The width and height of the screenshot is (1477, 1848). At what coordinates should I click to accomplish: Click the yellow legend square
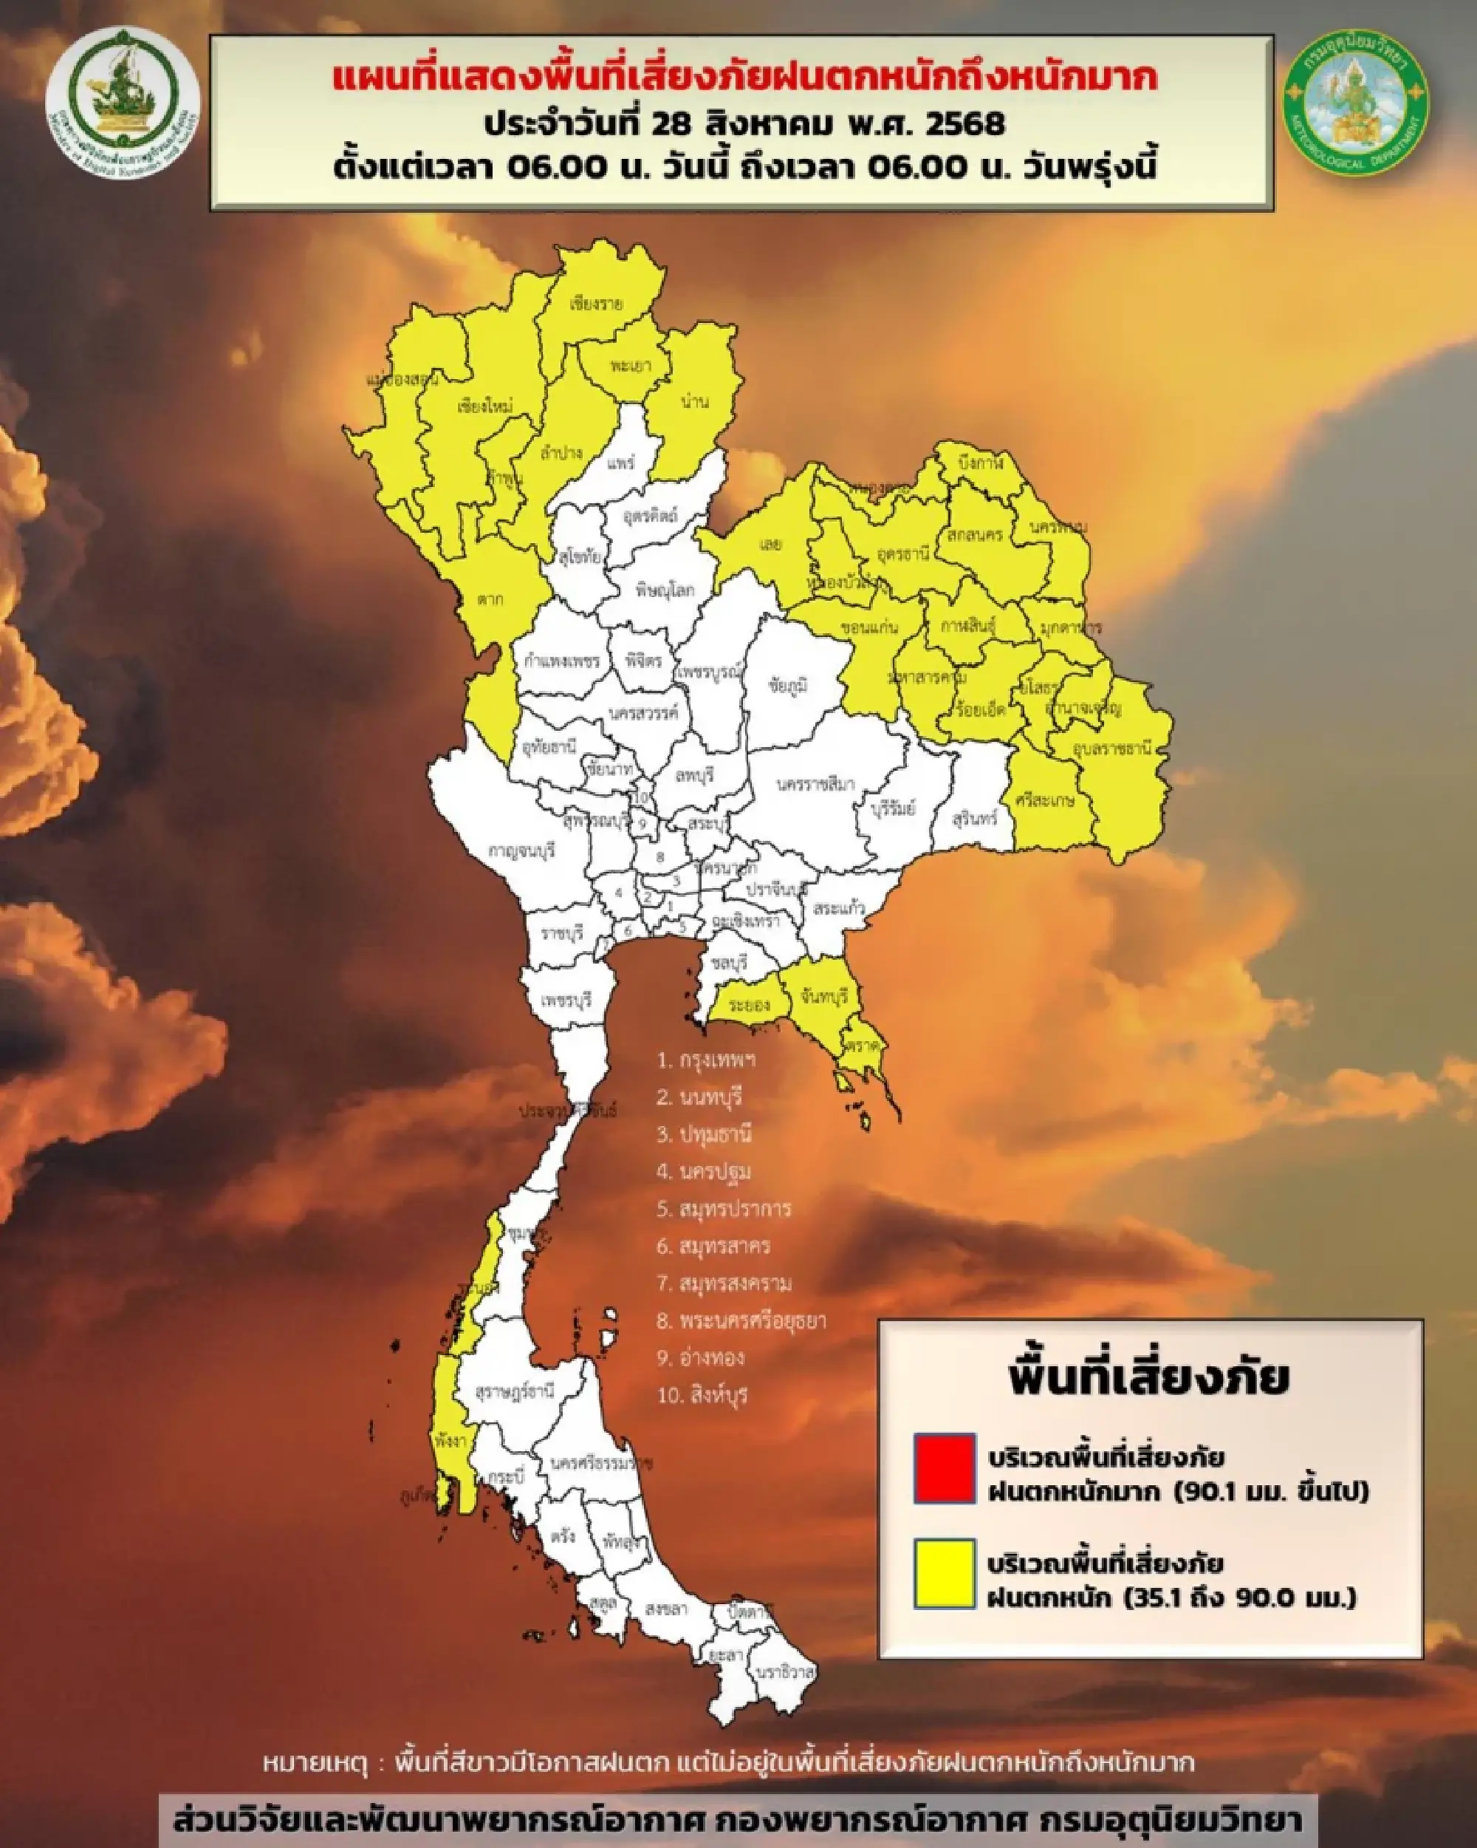point(944,1574)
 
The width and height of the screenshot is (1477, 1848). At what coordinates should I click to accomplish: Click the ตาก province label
point(490,599)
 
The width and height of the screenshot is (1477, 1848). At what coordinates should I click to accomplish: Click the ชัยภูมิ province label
point(788,685)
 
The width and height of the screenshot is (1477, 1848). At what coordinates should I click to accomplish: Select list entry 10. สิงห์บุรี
point(702,1394)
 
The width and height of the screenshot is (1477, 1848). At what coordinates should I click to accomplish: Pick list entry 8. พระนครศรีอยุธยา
point(741,1320)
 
